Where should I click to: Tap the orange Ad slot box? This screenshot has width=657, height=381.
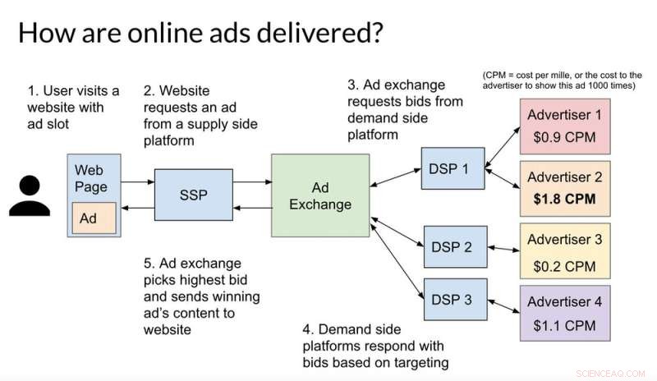pos(94,218)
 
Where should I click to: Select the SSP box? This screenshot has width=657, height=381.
pos(194,195)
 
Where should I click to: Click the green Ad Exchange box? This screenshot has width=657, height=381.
pos(320,195)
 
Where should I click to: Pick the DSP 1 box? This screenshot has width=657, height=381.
pos(453,168)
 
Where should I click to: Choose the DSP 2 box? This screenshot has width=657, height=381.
pos(456,247)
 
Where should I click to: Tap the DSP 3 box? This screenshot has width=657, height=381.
pos(456,299)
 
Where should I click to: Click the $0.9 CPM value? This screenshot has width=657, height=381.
pos(564,137)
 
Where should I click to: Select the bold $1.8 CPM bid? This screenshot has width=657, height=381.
pos(564,199)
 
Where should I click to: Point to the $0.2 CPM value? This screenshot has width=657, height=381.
pos(564,266)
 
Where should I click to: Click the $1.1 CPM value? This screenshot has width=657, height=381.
pos(564,325)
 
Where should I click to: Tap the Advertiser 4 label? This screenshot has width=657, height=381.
pos(564,301)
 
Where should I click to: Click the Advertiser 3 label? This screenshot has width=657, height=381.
pos(564,239)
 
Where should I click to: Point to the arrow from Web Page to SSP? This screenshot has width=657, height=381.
pos(138,182)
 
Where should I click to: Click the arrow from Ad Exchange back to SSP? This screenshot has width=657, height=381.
pos(252,208)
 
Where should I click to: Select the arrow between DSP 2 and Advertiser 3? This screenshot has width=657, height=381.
pos(503,249)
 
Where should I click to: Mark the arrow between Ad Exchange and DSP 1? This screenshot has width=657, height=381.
pos(396,177)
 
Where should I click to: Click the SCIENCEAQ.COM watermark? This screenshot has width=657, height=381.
pos(610,374)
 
